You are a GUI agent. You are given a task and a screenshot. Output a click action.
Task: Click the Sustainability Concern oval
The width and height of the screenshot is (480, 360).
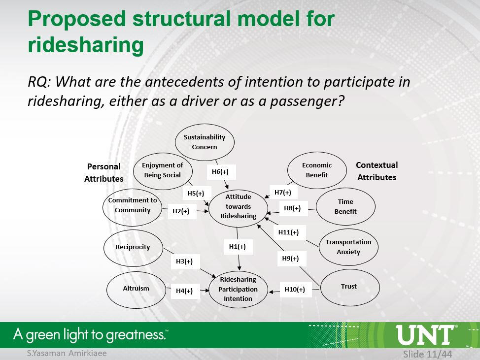(205, 142)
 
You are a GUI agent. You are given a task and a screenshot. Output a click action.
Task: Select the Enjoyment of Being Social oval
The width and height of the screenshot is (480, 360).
(163, 170)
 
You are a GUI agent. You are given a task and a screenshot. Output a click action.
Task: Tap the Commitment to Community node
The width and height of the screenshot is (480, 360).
(133, 205)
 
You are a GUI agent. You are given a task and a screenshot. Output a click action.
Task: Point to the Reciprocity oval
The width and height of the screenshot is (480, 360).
(133, 247)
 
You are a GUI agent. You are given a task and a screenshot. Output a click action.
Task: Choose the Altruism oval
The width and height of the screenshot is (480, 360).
(136, 289)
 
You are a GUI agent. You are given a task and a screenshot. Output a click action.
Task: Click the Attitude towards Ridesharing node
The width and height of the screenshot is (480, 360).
(239, 206)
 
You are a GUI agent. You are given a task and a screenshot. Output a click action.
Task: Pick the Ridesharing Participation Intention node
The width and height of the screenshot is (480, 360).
(238, 289)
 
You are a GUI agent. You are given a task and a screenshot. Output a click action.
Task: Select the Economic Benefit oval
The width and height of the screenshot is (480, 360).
(317, 170)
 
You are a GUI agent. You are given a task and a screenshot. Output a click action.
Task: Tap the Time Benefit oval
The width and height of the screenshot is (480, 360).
(345, 207)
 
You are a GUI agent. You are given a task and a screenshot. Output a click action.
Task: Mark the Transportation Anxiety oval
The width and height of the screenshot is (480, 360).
(348, 247)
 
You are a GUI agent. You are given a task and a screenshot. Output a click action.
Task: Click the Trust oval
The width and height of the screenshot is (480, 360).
(349, 287)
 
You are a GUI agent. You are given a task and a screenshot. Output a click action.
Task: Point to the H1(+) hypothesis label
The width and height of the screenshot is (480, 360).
(238, 247)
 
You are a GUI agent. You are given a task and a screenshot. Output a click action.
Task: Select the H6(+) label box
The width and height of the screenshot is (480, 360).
(220, 172)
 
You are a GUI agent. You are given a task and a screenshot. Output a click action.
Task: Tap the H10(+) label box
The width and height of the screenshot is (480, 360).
(295, 290)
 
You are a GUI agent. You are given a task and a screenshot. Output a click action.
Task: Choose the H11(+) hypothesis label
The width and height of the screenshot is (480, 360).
(289, 232)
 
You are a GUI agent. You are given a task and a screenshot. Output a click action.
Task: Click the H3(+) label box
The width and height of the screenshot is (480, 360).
(184, 262)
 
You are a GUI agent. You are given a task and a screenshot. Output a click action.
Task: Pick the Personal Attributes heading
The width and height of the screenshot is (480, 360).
(103, 173)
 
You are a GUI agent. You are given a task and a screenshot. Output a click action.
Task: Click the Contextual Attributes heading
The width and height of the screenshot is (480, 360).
(377, 171)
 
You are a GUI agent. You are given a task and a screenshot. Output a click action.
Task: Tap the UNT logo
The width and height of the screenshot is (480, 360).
(424, 335)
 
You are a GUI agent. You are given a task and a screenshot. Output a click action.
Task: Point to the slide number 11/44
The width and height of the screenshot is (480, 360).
(428, 354)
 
